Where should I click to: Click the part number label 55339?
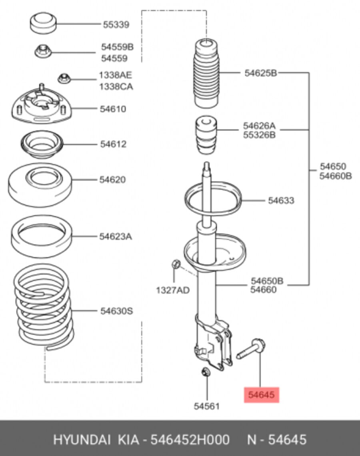(116, 24)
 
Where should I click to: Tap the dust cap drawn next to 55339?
(43, 23)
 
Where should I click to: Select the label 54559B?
(117, 47)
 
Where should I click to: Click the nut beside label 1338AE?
(64, 78)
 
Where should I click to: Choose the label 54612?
(113, 144)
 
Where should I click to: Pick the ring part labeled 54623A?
(41, 237)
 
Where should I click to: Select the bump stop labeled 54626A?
(206, 135)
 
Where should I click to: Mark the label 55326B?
(259, 135)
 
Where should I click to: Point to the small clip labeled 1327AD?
(176, 264)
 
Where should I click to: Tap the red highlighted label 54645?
(262, 395)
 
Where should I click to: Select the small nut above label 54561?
(206, 372)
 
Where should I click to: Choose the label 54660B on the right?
(336, 176)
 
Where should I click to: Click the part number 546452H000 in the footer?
(190, 440)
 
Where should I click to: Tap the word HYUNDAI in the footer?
(82, 440)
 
